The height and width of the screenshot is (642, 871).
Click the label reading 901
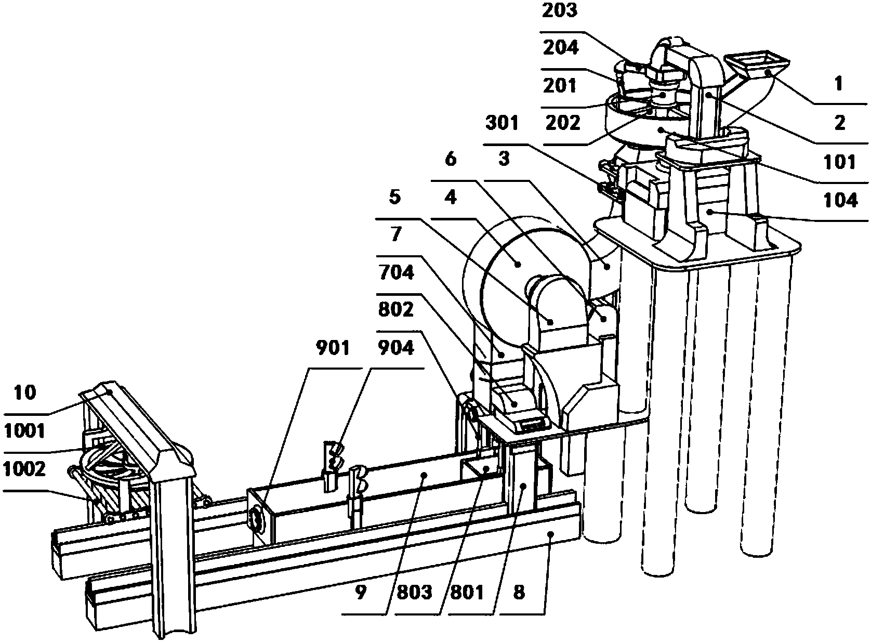pos(333,347)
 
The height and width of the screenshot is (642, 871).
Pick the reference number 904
pos(396,347)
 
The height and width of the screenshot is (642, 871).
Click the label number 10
pos(25,392)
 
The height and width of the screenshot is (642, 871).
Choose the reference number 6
pos(451,160)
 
